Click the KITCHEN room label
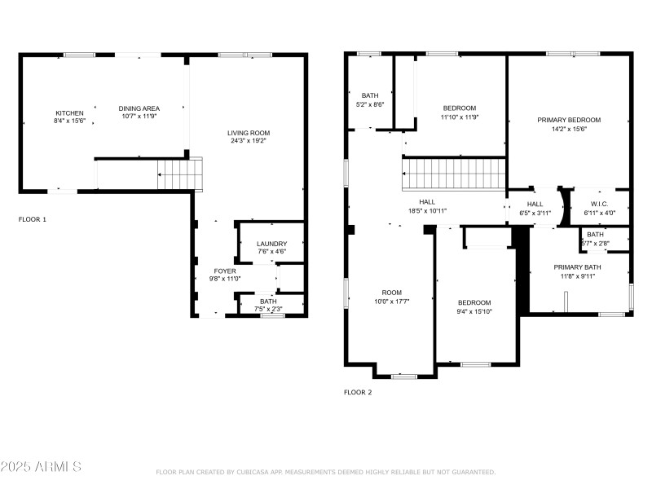coord(69,113)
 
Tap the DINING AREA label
coord(139,108)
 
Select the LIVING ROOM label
coord(249,133)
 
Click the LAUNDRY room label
coord(271,244)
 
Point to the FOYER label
coord(225,271)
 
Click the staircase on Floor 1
coord(172,174)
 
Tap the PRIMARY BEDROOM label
coord(569,120)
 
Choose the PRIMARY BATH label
coord(578,267)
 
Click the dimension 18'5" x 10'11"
coord(427,210)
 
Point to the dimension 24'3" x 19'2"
coord(249,141)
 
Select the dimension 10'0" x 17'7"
coord(392,301)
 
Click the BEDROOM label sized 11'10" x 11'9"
coord(460,108)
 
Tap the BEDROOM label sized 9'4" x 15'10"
coord(474,302)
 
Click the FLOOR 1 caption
coord(33,219)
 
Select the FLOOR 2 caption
coord(358,392)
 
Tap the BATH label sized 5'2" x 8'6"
coord(370,96)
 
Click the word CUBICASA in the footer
coord(255,472)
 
